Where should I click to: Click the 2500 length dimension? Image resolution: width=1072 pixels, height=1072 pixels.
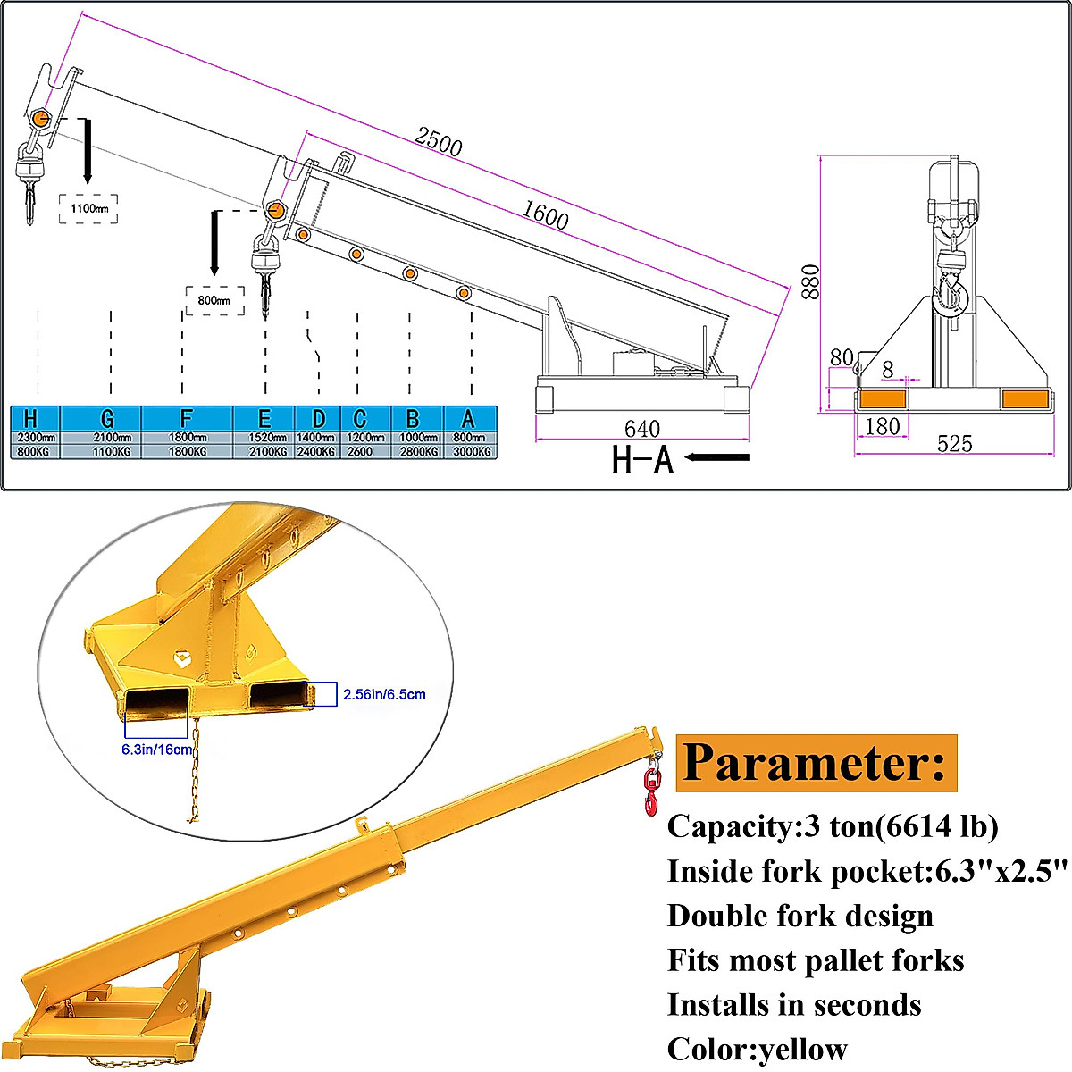439,141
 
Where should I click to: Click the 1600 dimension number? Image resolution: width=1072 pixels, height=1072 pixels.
545,214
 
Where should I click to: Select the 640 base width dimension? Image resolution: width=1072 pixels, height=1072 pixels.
641,430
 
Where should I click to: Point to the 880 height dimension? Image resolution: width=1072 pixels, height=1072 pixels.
810,281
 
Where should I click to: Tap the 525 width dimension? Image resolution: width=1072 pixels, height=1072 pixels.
954,444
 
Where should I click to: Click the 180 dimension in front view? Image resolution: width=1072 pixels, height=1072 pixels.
882,426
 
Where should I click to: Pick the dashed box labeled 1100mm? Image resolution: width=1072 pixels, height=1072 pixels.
88,209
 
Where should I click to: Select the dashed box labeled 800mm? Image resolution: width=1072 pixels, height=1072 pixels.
214,301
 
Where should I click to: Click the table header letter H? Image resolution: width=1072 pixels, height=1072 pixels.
32,418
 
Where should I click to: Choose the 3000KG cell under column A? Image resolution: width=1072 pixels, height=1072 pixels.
471,452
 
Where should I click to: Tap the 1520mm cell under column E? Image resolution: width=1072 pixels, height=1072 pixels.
264,438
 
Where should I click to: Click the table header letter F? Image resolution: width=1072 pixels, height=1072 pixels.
186,418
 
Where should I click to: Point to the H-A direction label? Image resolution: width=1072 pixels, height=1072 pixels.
642,459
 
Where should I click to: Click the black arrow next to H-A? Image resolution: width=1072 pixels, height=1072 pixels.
720,457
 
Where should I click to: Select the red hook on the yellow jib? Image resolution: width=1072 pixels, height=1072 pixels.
651,791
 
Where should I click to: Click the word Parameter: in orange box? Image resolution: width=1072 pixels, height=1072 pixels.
814,764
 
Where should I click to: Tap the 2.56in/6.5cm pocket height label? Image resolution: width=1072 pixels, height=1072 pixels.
383,694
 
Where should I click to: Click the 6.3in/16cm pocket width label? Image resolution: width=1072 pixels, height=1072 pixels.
157,750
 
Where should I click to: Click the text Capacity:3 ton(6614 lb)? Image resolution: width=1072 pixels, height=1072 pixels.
833,826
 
